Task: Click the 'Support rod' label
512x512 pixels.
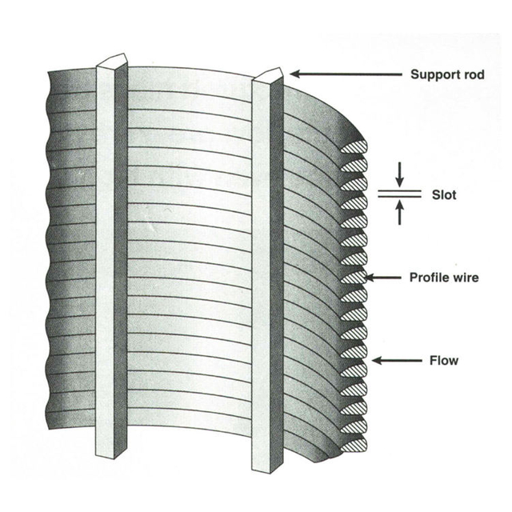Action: [x=447, y=75]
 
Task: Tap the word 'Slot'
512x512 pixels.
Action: [x=443, y=194]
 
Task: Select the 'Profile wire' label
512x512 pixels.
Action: [x=446, y=278]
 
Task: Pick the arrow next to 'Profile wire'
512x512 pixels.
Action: [x=388, y=278]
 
